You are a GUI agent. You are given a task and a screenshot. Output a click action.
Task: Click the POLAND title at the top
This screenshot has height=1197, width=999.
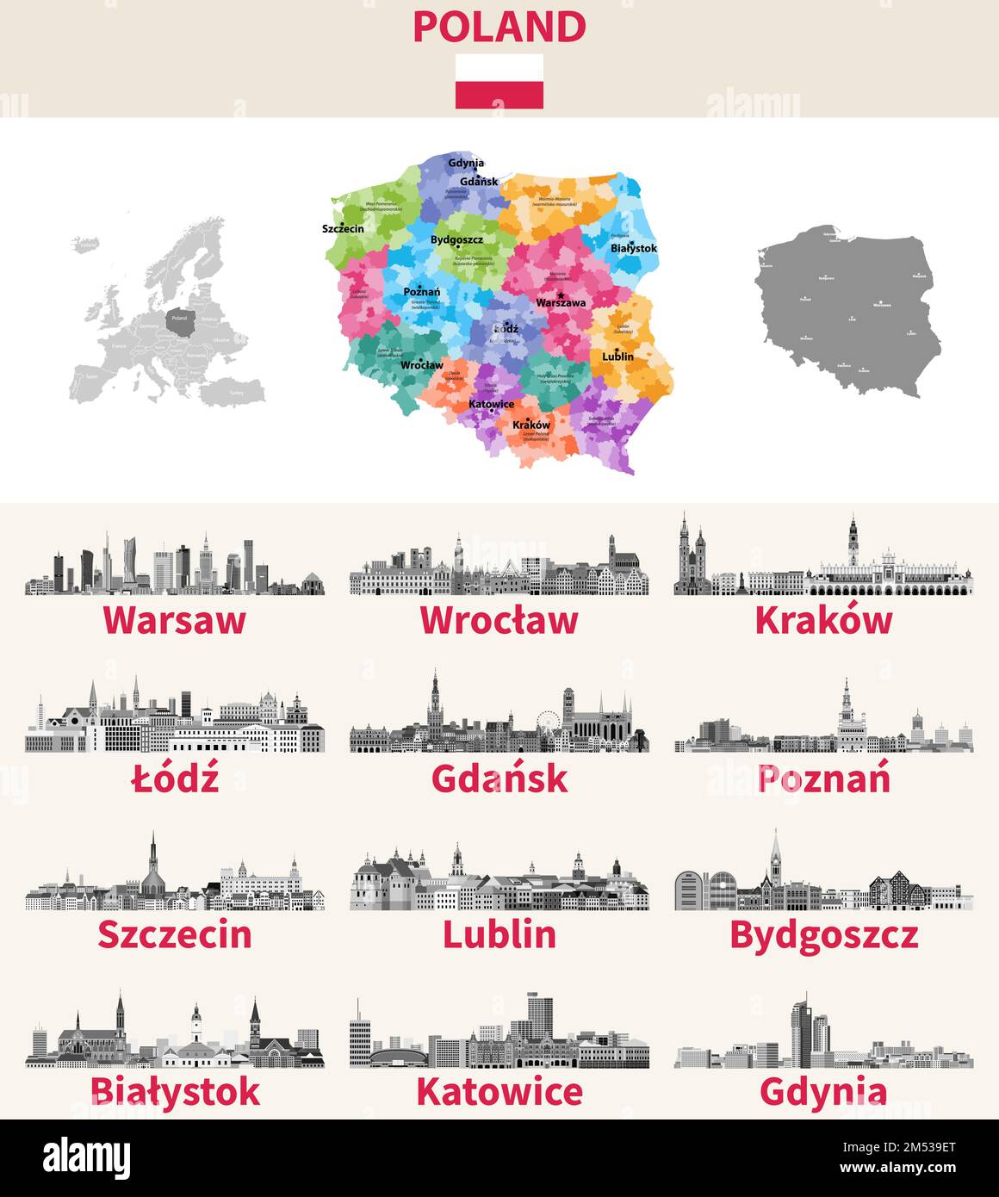(x=499, y=27)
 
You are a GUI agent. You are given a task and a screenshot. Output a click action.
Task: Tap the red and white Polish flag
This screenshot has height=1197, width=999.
(x=499, y=81)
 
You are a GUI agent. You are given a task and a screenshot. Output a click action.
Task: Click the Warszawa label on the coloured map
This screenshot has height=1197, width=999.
(x=561, y=302)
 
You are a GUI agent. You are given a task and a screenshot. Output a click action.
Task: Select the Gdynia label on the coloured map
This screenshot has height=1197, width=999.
(x=466, y=163)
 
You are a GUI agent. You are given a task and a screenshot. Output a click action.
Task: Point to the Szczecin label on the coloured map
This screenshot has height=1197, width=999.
(x=343, y=228)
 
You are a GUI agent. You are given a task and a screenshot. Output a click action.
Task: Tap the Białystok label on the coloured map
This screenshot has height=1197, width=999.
(x=633, y=248)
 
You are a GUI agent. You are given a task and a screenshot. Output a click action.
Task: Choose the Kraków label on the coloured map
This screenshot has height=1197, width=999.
(x=531, y=425)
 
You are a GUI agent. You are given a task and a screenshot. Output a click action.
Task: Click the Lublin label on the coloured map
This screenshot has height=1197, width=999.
(x=617, y=356)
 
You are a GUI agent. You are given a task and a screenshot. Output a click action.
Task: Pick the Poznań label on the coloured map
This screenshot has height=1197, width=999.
(x=421, y=292)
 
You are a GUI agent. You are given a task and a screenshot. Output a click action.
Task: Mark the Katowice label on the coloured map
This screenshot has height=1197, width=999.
(x=491, y=404)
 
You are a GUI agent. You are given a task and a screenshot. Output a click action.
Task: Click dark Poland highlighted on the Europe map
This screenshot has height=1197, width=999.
(x=178, y=319)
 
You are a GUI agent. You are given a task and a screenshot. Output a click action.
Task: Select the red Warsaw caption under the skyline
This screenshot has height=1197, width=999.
(x=175, y=620)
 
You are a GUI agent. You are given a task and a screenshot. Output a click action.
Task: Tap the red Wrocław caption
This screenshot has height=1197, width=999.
(x=499, y=620)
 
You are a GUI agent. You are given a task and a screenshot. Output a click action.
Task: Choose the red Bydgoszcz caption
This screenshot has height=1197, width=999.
(x=823, y=935)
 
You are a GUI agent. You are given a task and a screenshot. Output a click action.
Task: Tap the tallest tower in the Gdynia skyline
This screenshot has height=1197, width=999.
(x=803, y=1029)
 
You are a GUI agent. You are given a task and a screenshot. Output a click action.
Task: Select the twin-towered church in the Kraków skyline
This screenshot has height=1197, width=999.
(x=692, y=555)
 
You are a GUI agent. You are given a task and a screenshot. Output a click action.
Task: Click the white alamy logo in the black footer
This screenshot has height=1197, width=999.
(x=87, y=1158)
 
